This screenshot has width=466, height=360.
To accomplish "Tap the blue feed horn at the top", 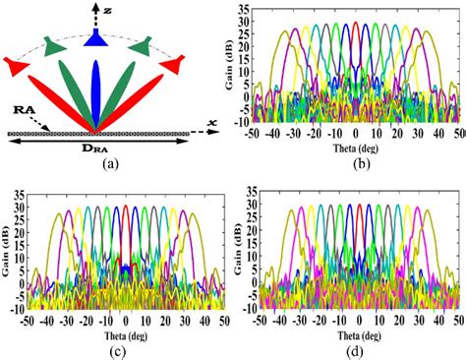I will coord(95,37).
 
